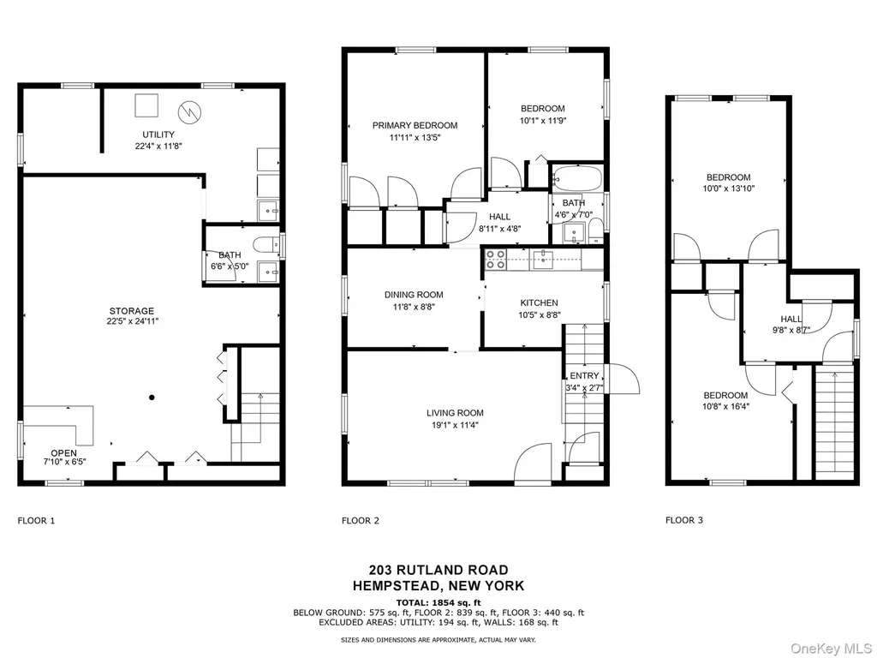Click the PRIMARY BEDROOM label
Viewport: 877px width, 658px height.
415,125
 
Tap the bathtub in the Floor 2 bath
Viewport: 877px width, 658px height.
576,178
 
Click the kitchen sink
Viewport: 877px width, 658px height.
542,259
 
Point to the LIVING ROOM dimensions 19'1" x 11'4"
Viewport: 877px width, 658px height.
455,425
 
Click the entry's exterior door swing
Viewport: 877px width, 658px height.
624,379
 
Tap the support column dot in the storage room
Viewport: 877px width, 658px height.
152,398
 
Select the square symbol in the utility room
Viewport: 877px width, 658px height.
146,105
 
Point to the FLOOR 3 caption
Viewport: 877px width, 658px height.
684,520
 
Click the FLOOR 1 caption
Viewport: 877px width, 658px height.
36,520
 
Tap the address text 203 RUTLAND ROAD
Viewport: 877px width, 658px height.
438,570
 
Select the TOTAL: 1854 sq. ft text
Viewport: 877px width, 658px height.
438,602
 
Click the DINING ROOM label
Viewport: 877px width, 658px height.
414,295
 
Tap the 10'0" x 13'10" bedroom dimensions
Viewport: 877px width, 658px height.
728,188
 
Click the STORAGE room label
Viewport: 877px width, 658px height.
131,311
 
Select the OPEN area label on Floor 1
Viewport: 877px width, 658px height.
63,453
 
